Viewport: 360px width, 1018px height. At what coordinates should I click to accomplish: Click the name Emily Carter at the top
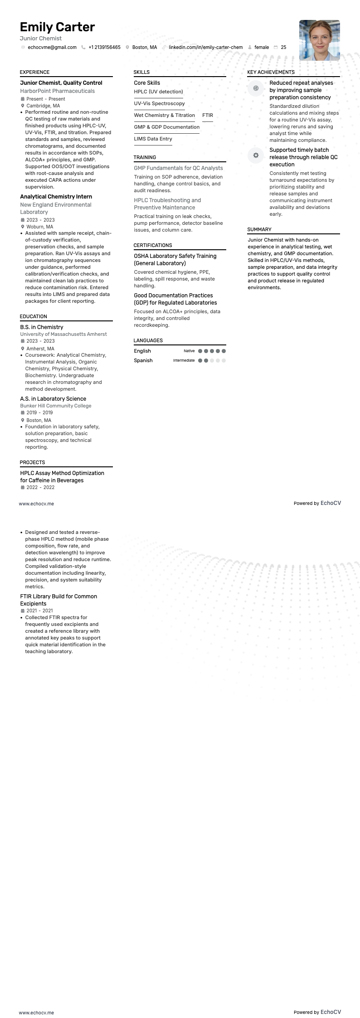57,27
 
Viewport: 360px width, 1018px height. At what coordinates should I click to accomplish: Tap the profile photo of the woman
319,40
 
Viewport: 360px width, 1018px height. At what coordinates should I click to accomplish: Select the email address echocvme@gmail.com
52,47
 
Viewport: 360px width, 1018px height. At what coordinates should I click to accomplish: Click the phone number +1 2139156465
104,47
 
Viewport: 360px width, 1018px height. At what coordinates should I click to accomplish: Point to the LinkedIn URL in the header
205,47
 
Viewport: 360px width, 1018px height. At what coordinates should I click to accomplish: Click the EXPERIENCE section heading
35,72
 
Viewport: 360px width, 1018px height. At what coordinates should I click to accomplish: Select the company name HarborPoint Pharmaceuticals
58,91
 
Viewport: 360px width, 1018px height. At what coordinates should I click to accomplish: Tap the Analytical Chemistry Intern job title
56,197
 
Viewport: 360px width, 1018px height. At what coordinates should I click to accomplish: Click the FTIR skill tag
208,115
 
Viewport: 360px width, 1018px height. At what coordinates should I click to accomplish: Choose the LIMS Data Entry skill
153,139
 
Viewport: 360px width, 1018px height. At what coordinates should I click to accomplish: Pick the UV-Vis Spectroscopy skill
159,103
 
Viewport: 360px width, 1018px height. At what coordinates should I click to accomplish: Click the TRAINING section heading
145,157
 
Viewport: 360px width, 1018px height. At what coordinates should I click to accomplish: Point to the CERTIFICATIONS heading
153,245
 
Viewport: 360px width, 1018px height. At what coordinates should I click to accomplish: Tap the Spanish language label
143,361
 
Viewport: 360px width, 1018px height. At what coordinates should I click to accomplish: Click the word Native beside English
189,351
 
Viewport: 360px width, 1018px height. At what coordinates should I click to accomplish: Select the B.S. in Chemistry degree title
42,327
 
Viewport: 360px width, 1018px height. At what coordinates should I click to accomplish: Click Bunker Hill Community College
56,406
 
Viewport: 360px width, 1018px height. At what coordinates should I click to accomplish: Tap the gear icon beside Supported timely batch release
256,155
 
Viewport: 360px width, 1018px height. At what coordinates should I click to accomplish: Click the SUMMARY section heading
259,229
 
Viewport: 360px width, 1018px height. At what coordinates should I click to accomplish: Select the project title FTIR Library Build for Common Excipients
58,600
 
